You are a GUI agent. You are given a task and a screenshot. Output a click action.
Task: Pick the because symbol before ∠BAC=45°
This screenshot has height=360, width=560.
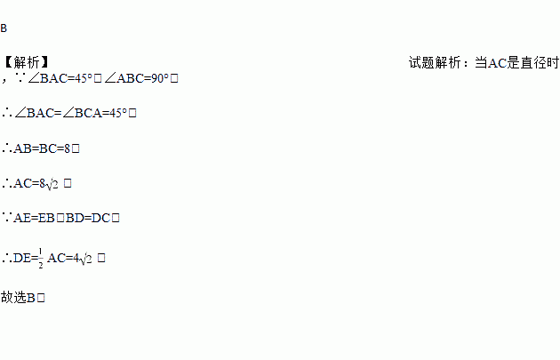point(20,79)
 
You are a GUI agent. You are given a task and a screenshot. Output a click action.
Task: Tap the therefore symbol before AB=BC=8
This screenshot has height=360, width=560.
point(7,148)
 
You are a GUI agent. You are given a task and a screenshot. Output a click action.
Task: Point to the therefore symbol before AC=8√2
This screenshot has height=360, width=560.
point(7,183)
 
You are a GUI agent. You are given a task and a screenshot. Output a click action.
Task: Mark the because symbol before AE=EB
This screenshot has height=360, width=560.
point(7,218)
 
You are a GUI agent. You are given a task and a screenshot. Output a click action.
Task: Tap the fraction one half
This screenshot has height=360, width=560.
point(41,259)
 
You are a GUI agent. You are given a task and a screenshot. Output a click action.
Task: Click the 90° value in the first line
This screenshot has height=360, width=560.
point(158,79)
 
